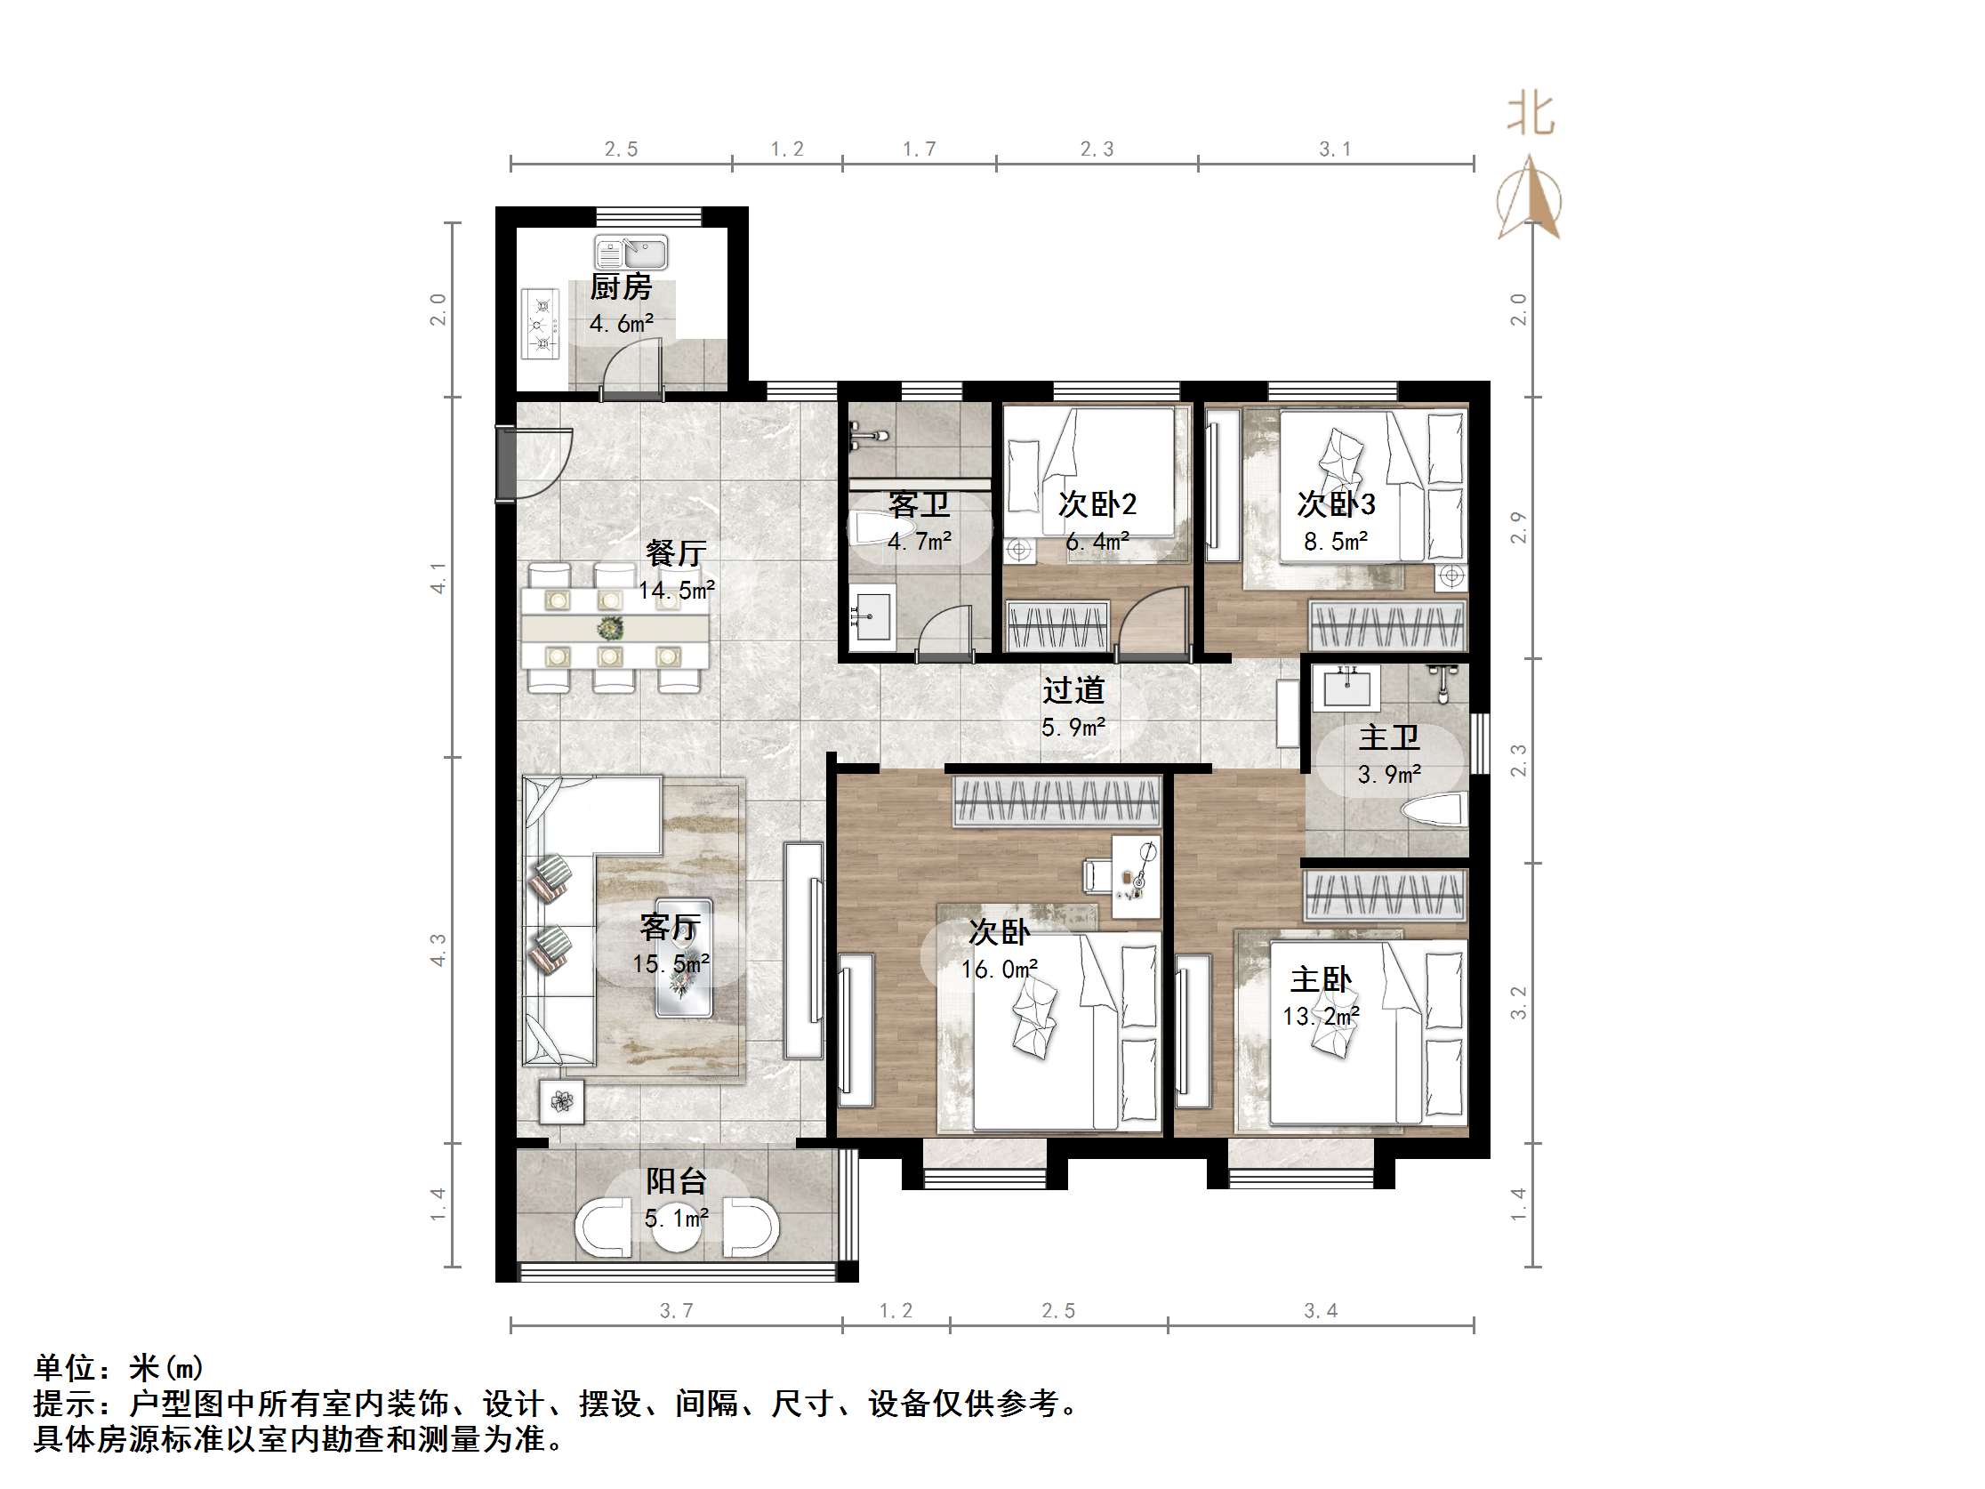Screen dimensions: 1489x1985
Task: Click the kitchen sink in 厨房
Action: tap(631, 254)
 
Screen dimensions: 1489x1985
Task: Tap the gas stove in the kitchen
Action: tap(541, 324)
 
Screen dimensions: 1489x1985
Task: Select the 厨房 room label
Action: tap(621, 287)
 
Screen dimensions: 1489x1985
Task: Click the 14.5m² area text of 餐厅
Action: tap(677, 591)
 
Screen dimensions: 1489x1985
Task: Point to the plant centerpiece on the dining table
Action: tap(610, 626)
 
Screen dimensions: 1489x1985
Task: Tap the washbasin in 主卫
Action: tap(1346, 688)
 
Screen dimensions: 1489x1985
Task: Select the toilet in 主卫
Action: tap(1434, 809)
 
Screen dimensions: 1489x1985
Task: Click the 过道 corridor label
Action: tap(1073, 690)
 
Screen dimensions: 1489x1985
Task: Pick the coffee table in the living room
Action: tap(684, 959)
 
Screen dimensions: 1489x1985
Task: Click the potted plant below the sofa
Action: tap(562, 1101)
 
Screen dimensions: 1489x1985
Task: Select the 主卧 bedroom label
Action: tap(1320, 979)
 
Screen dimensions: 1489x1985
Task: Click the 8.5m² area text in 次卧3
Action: tap(1335, 541)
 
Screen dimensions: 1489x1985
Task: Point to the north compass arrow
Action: tap(1529, 199)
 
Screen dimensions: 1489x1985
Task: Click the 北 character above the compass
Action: tap(1530, 116)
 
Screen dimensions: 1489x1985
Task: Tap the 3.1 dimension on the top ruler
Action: tap(1334, 149)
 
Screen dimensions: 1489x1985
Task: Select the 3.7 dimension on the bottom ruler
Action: tap(677, 1310)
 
